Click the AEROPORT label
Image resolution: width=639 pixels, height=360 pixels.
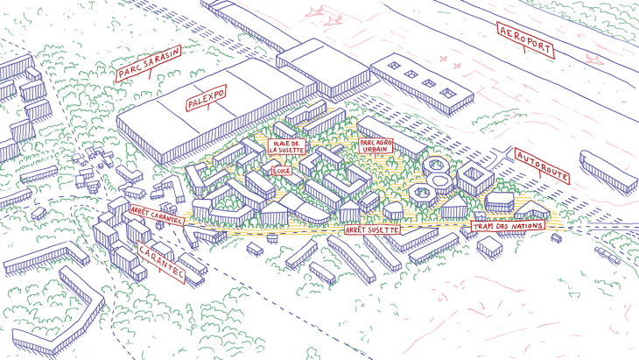click(x=526, y=40)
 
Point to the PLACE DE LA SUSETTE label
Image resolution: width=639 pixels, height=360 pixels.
click(x=286, y=146)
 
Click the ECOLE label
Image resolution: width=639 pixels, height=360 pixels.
click(x=282, y=172)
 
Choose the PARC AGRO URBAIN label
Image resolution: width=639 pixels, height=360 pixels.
click(x=376, y=145)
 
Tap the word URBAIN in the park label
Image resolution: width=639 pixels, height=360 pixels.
click(x=376, y=149)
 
